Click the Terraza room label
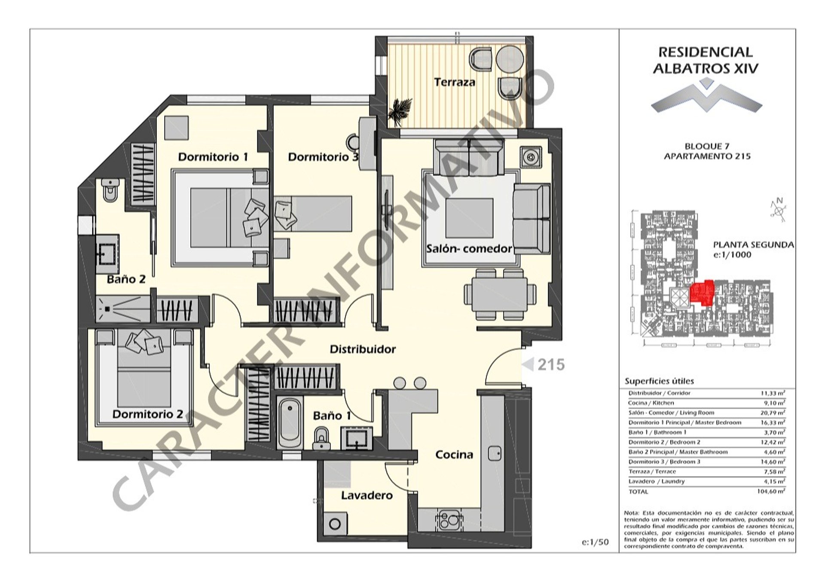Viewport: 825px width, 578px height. point(454,82)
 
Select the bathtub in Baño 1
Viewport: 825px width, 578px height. point(290,423)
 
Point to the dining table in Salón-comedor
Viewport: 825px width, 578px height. point(500,294)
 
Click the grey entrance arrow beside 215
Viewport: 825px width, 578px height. point(528,364)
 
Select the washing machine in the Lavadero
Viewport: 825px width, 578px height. point(335,524)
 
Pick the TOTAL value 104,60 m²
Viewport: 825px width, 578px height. point(771,491)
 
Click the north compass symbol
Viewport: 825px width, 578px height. point(778,211)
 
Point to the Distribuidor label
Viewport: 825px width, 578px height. point(363,349)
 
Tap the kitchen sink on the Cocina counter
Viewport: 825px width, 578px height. point(495,453)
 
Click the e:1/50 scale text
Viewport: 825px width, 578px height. point(595,542)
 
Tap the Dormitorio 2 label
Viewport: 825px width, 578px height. point(147,414)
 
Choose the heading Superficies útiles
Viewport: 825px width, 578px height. point(659,381)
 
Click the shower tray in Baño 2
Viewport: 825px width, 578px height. point(122,309)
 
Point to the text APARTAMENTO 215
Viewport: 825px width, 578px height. point(707,156)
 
